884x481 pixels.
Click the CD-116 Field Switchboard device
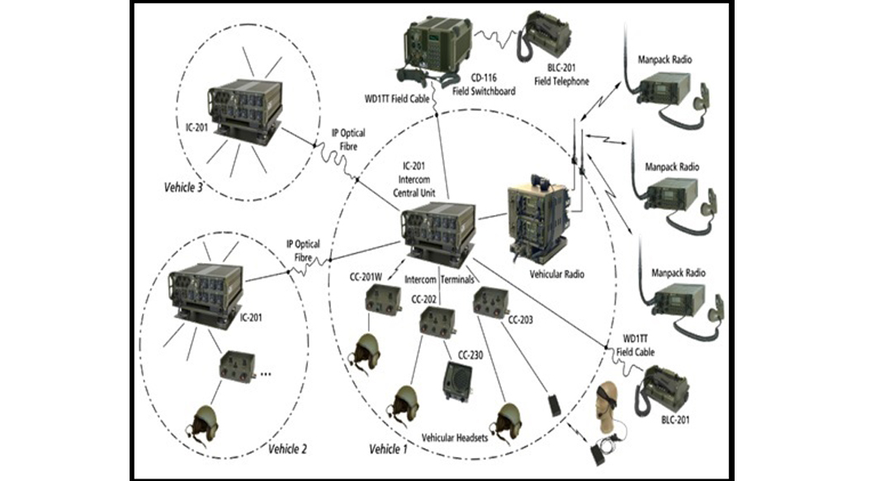[437, 45]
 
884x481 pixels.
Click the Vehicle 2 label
[288, 449]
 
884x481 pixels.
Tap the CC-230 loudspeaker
[460, 381]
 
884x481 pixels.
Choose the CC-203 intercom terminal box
[490, 306]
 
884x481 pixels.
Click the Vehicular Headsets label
[454, 436]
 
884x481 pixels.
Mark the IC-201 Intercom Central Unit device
[437, 229]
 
